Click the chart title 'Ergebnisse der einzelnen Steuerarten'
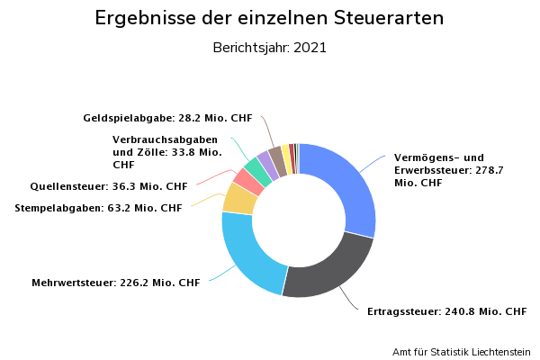coord(269,19)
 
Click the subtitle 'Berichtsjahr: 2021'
coord(269,48)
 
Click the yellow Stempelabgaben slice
coord(239,198)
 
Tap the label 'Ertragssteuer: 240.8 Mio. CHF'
coord(446,312)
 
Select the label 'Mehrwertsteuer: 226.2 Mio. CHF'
coord(115,283)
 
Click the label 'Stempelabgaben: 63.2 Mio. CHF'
coord(98,208)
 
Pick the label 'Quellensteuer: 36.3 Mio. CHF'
coord(108,186)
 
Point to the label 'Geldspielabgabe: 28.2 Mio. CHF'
coord(167,118)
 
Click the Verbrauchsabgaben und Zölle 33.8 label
coord(166,152)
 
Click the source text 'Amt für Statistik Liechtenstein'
coord(461,351)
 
